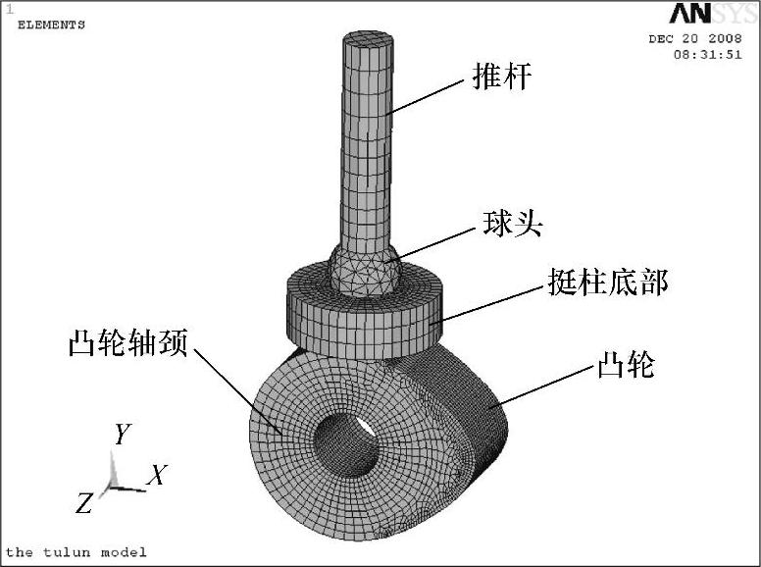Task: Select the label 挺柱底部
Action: point(608,283)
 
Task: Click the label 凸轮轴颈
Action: point(127,343)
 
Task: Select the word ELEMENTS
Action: point(51,25)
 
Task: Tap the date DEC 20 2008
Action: point(694,39)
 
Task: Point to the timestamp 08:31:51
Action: point(706,55)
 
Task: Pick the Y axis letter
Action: point(123,434)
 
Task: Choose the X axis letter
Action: point(157,477)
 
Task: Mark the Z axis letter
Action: point(84,504)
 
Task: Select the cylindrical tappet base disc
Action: point(363,314)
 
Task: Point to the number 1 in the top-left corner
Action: point(9,8)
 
